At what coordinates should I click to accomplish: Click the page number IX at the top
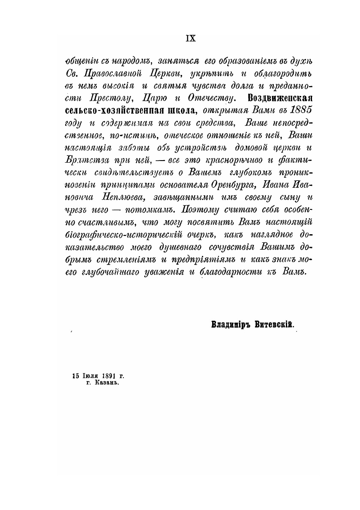click(190, 38)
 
